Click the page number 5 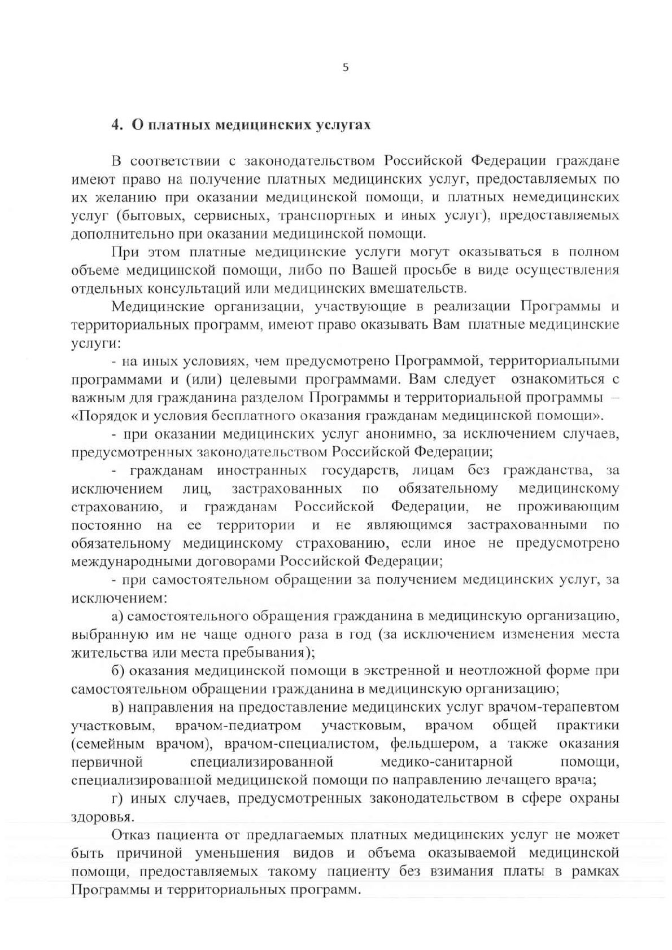coord(346,68)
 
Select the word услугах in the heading coord(344,125)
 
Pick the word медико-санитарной coord(447,762)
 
